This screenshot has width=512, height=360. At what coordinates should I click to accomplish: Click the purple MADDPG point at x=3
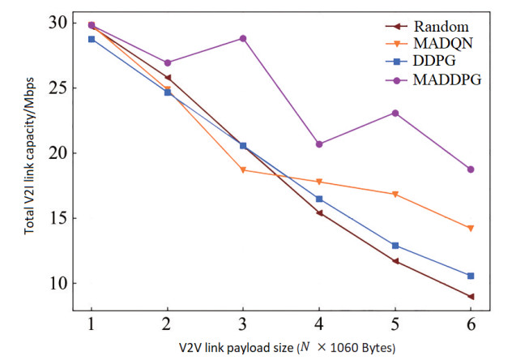(243, 38)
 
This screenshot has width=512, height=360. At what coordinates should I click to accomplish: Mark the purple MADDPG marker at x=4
(319, 144)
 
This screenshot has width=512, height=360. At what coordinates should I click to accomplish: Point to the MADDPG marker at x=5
(395, 113)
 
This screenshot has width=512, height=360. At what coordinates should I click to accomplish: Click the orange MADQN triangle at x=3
(243, 170)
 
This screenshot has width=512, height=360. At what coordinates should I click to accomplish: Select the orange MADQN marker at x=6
(471, 228)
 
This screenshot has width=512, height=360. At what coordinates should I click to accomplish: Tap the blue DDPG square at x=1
(91, 39)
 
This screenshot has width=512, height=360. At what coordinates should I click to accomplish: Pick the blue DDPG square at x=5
(395, 245)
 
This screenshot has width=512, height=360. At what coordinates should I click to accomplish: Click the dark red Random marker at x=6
(471, 297)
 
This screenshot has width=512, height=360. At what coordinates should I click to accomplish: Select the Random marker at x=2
(168, 78)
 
